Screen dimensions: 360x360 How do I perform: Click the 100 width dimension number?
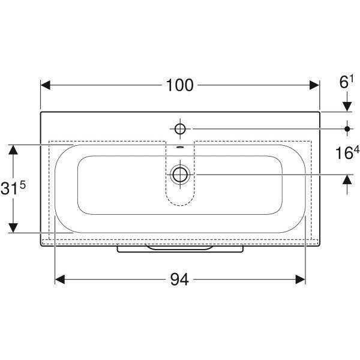coord(180,85)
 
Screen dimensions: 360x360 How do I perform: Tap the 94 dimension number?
coord(179,280)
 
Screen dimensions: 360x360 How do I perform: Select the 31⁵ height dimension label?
coord(13,188)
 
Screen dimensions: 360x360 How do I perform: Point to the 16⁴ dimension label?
coord(347,153)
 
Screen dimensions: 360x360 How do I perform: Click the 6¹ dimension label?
coord(346,82)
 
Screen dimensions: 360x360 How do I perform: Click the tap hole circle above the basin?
coord(180,129)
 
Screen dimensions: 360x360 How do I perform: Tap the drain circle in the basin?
coord(180,175)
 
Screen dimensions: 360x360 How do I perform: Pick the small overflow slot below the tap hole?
coord(180,148)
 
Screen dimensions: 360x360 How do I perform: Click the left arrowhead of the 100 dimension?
coord(46,85)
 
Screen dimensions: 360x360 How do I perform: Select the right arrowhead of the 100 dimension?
coord(314,85)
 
